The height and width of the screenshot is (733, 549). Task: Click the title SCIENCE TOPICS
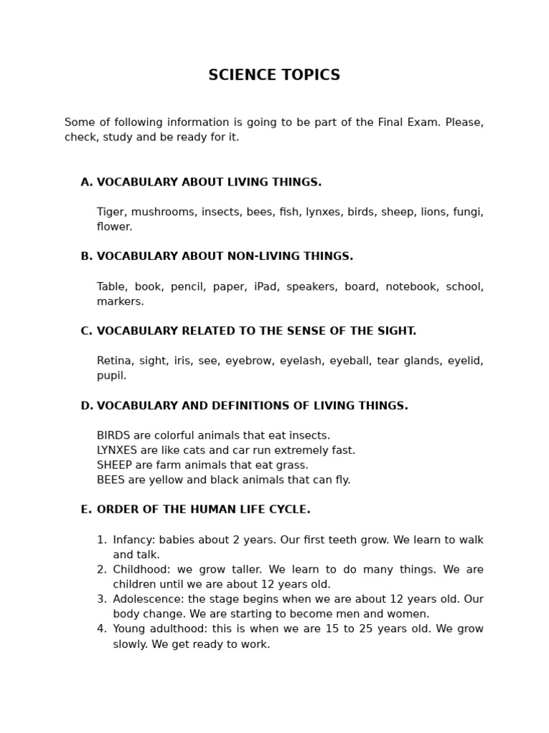click(x=274, y=76)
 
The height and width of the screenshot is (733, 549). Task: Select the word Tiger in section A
click(x=111, y=212)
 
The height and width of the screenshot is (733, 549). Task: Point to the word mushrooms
click(x=163, y=212)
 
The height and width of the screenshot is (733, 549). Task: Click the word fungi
click(x=469, y=212)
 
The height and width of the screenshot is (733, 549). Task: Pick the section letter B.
click(x=86, y=256)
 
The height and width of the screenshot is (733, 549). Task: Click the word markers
click(x=120, y=301)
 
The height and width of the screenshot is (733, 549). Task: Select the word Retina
click(x=114, y=361)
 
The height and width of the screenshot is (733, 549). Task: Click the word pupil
click(x=112, y=376)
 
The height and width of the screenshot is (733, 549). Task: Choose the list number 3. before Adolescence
click(x=102, y=599)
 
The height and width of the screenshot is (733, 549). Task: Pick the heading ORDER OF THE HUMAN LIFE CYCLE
click(x=203, y=510)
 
